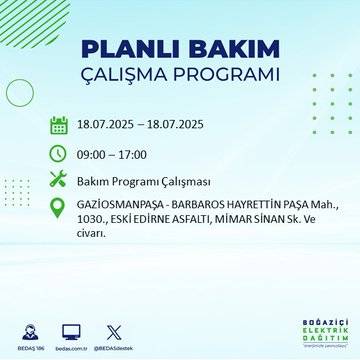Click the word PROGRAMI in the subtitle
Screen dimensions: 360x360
click(232, 76)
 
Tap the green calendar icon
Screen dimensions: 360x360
click(58, 126)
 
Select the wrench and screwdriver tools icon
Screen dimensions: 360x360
click(58, 180)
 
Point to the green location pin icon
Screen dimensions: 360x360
click(58, 210)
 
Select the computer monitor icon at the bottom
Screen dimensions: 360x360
click(71, 331)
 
